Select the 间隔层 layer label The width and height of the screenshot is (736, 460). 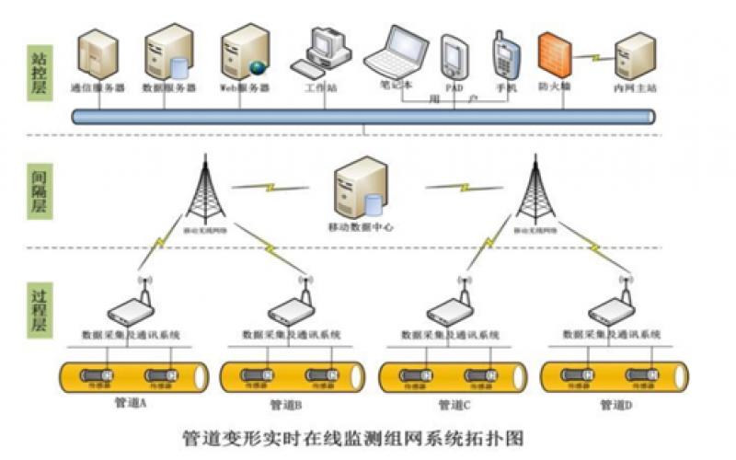pyautogui.click(x=36, y=190)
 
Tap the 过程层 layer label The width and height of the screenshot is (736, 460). pyautogui.click(x=36, y=310)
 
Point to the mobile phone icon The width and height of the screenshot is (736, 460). pyautogui.click(x=504, y=55)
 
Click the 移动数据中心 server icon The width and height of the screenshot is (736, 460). pyautogui.click(x=358, y=188)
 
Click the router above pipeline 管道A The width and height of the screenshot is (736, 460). pyautogui.click(x=130, y=309)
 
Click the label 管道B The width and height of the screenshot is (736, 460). pyautogui.click(x=287, y=405)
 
